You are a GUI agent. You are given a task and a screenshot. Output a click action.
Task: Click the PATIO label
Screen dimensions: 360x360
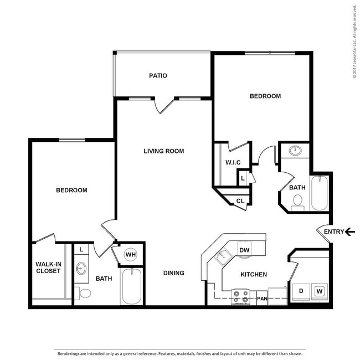158,76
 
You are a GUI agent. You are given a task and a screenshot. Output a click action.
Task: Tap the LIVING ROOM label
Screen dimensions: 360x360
163,151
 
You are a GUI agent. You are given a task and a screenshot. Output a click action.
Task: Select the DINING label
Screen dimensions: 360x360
173,273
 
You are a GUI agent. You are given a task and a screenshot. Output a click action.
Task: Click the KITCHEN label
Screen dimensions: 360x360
254,274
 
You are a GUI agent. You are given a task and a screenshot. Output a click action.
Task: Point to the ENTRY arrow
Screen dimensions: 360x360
349,232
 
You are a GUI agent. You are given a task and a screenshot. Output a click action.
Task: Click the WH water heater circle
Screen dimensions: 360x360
131,254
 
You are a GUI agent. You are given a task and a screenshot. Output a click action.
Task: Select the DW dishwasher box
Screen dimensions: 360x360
244,250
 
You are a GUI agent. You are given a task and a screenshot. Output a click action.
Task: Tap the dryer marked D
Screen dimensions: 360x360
301,291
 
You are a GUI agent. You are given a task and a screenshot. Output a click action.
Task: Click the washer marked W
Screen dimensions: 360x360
319,291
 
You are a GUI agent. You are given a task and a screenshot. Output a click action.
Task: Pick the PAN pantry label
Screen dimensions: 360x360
263,299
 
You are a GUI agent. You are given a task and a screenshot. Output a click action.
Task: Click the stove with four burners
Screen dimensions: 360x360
242,297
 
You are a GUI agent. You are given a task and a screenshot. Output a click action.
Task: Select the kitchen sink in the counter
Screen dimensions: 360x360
223,256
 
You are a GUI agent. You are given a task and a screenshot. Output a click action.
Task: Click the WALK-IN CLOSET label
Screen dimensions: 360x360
48,268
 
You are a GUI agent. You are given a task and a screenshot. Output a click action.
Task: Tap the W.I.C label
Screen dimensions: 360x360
232,162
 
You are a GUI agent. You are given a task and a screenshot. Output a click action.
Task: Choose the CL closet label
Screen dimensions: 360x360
240,201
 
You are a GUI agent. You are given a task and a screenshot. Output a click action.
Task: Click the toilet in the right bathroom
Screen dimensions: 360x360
298,201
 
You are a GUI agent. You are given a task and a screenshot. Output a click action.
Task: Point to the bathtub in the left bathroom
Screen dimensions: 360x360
131,285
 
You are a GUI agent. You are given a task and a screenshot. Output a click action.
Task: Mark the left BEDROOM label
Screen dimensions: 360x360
71,190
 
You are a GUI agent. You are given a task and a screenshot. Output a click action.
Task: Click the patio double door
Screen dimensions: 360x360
164,103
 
